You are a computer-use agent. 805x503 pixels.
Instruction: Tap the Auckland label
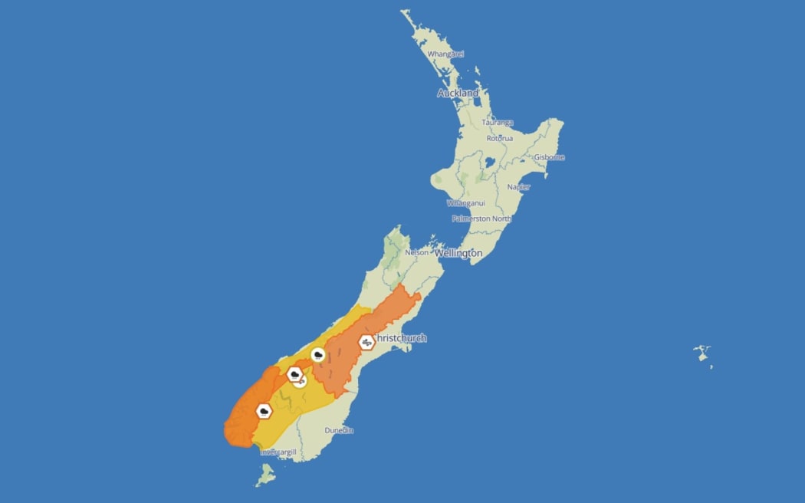pyautogui.click(x=458, y=93)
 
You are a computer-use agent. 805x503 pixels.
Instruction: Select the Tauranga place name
pyautogui.click(x=498, y=123)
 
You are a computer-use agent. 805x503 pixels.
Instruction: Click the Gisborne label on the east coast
pyautogui.click(x=549, y=157)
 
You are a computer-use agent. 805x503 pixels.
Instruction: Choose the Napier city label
pyautogui.click(x=518, y=187)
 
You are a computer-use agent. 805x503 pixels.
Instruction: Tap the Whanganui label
pyautogui.click(x=466, y=203)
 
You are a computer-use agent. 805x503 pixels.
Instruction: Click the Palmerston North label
pyautogui.click(x=481, y=219)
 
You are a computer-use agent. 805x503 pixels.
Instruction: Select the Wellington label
pyautogui.click(x=458, y=252)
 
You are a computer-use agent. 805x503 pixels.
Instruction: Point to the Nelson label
pyautogui.click(x=416, y=251)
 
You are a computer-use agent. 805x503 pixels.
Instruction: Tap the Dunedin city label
pyautogui.click(x=339, y=431)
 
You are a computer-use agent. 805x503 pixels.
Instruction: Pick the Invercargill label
pyautogui.click(x=278, y=452)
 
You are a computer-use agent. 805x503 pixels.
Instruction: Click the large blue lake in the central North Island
pyautogui.click(x=489, y=163)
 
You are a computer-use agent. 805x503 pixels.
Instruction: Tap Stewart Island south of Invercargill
pyautogui.click(x=266, y=477)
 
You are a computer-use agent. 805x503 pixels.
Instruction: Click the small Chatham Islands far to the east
pyautogui.click(x=702, y=353)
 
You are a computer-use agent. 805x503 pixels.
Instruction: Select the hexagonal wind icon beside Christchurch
pyautogui.click(x=366, y=342)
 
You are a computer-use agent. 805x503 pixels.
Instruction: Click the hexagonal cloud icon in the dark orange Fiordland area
pyautogui.click(x=264, y=412)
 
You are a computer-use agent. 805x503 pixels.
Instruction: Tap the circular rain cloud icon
pyautogui.click(x=318, y=355)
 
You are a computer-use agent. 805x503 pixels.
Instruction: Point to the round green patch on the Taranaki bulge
pyautogui.click(x=438, y=181)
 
